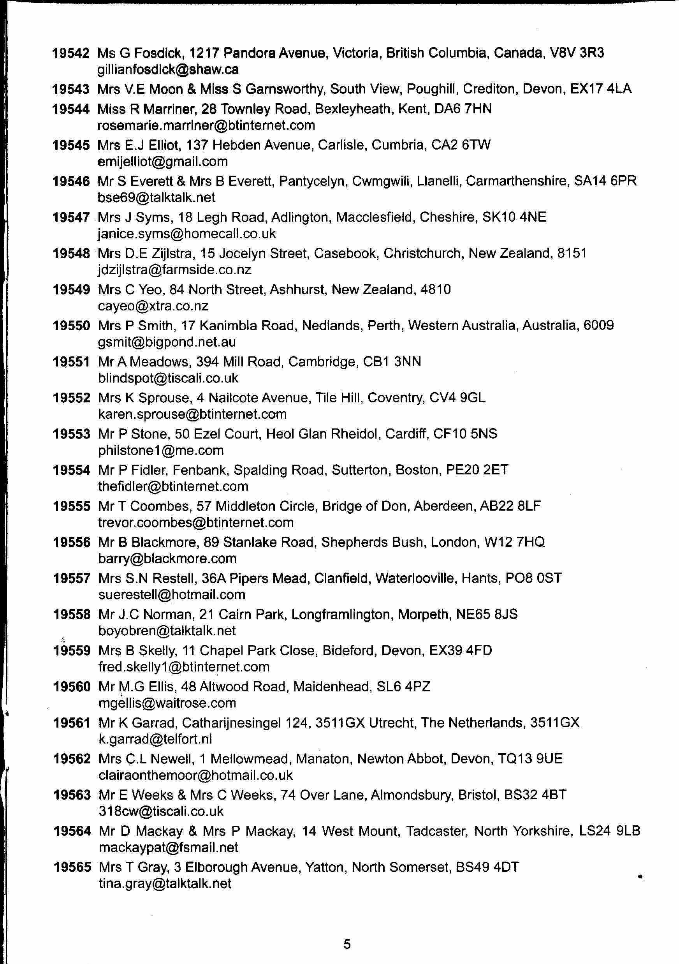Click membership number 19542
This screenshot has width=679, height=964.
pyautogui.click(x=70, y=53)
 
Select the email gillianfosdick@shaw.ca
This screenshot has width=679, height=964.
pyautogui.click(x=168, y=69)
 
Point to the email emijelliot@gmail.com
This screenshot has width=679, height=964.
pyautogui.click(x=163, y=162)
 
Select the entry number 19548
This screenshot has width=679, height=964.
pyautogui.click(x=71, y=254)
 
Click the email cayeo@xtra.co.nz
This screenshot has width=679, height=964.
pyautogui.click(x=153, y=306)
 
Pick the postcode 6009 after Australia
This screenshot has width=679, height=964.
pyautogui.click(x=598, y=325)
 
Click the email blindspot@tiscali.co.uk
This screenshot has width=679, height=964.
pyautogui.click(x=168, y=378)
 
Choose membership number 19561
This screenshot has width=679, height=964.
pyautogui.click(x=72, y=723)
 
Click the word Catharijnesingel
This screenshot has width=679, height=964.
pyautogui.click(x=231, y=723)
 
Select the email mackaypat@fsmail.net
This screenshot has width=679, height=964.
pyautogui.click(x=168, y=848)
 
